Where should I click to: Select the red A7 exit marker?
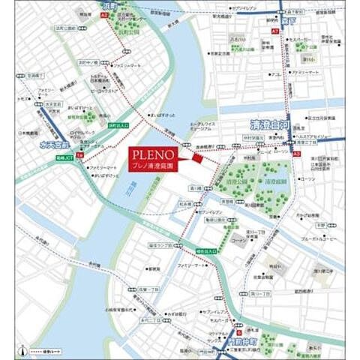(x=275, y=31)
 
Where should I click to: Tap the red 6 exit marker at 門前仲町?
(x=239, y=331)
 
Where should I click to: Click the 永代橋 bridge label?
(x=94, y=264)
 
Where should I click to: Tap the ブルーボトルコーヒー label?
(x=315, y=239)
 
